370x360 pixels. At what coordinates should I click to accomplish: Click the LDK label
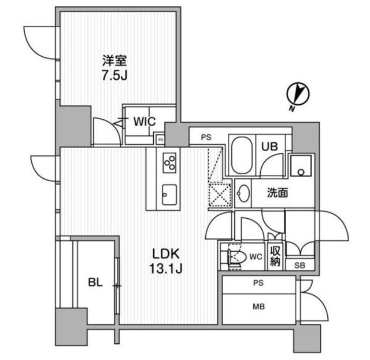point(167,253)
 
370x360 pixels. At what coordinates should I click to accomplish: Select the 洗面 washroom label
point(277,193)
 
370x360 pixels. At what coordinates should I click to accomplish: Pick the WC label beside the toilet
point(254,255)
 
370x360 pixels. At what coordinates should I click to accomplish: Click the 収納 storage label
point(275,255)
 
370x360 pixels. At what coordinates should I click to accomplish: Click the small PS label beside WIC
point(160,139)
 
